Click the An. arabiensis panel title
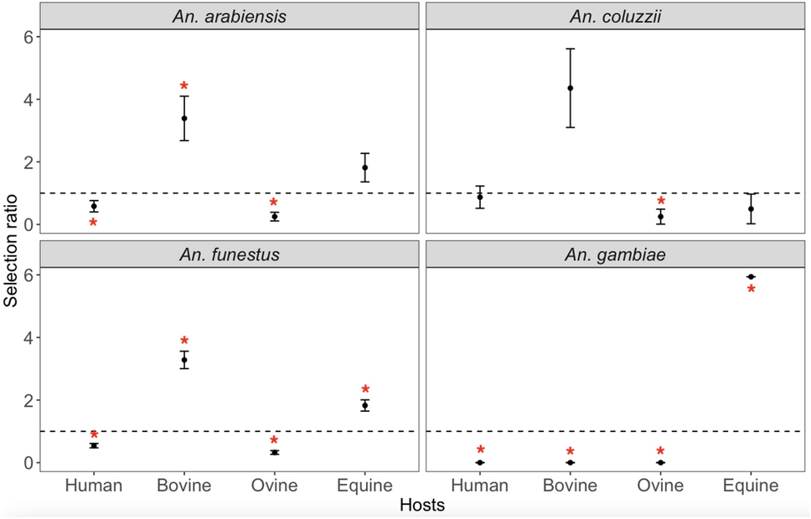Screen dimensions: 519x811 pos(229,16)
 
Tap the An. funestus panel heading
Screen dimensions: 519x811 pos(229,254)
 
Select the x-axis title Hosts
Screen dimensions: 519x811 pos(422,505)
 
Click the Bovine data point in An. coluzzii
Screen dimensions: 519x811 pos(571,88)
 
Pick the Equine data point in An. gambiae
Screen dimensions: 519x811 pos(751,276)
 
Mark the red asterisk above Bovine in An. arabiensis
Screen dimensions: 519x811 pos(184,87)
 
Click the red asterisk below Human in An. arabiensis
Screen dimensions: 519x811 pos(94,224)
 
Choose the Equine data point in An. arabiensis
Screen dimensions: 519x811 pos(364,167)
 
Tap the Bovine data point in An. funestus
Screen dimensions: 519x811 pos(184,359)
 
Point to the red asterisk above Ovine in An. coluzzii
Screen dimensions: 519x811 pos(661,202)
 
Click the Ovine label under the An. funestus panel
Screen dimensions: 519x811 pos(274,486)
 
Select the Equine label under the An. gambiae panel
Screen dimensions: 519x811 pos(751,486)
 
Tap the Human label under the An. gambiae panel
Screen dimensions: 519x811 pos(480,486)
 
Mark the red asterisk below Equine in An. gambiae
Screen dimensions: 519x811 pos(751,290)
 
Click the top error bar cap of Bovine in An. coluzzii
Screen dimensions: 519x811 pos(571,49)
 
